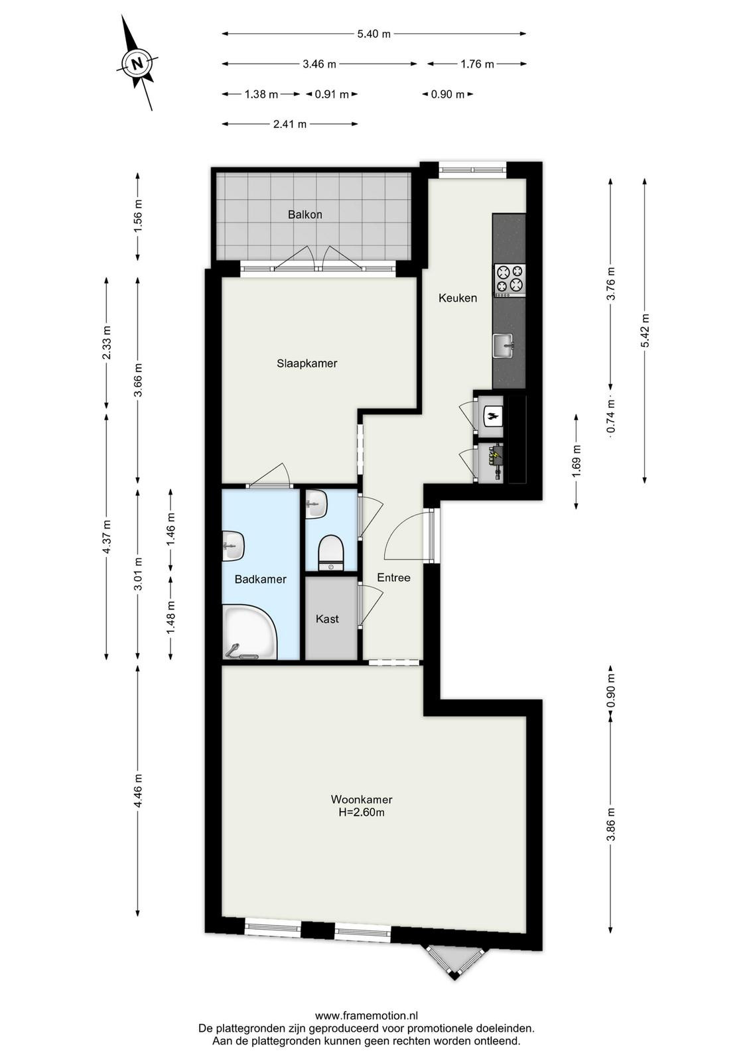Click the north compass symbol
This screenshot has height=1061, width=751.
(137, 64)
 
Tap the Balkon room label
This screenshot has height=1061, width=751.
(305, 215)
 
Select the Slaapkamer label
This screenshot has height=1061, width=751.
(307, 363)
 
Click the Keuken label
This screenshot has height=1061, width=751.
(458, 298)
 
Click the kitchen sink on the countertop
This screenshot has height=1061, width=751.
(503, 345)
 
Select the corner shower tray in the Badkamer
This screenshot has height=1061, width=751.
(249, 633)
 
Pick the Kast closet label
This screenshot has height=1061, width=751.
(328, 619)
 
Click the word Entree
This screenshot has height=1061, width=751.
(393, 578)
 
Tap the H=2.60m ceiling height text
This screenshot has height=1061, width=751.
(362, 812)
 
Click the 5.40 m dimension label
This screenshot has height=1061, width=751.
(374, 34)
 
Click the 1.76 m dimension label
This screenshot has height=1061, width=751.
(478, 64)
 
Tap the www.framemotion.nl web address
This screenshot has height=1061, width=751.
(366, 1012)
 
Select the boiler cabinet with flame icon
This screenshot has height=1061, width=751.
(491, 416)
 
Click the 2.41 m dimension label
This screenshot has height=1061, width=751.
(290, 124)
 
